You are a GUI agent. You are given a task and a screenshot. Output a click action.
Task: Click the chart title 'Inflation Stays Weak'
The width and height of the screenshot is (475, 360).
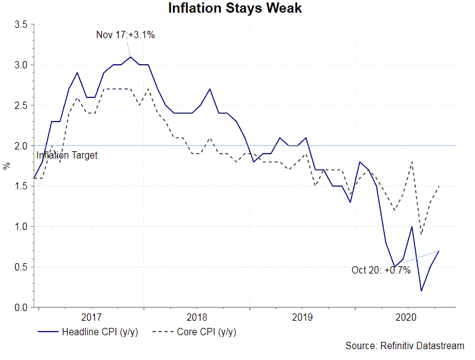click(x=235, y=9)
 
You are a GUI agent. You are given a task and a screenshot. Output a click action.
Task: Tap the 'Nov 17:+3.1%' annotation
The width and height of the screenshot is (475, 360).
click(x=125, y=35)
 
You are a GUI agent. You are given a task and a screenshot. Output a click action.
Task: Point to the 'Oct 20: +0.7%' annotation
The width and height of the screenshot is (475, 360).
click(x=381, y=270)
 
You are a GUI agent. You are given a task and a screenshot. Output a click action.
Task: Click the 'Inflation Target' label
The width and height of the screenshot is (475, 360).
click(x=67, y=155)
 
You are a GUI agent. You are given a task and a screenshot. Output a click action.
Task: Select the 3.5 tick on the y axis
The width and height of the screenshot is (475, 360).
click(x=21, y=25)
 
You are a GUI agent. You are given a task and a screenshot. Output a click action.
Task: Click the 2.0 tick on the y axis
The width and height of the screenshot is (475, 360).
click(x=21, y=146)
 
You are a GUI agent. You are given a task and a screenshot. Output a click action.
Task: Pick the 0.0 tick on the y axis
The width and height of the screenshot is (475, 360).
click(x=21, y=308)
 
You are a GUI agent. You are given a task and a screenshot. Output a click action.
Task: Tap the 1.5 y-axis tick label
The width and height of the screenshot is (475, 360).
click(x=21, y=186)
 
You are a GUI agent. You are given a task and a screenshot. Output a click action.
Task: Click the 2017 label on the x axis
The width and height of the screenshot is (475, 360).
click(x=91, y=317)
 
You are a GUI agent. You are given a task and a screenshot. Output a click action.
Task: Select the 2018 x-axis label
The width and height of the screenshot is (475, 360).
click(x=197, y=317)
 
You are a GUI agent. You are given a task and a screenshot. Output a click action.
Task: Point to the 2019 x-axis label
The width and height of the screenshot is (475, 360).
click(x=302, y=317)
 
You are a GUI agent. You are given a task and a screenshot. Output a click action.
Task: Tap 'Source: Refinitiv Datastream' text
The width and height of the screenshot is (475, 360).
click(x=405, y=346)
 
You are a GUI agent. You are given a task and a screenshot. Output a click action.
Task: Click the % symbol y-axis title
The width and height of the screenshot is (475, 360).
click(x=6, y=166)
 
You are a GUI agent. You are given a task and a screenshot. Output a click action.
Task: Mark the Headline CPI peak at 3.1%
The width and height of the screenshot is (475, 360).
click(x=131, y=57)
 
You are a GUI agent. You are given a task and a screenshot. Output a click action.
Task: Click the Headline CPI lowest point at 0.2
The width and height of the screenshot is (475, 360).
click(x=421, y=291)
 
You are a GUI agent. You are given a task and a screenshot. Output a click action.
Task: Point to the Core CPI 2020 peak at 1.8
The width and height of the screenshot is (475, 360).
click(x=412, y=162)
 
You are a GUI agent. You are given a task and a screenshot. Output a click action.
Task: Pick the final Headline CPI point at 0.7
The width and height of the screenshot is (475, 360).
click(x=439, y=250)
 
